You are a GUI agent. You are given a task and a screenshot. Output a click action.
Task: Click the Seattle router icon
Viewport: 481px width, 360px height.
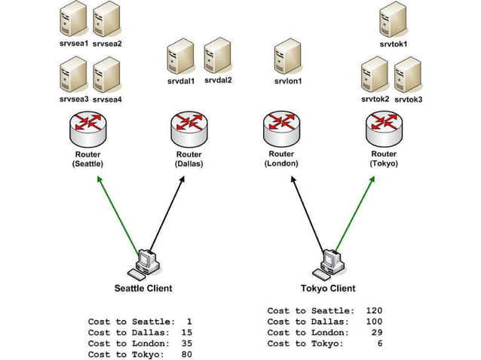89,130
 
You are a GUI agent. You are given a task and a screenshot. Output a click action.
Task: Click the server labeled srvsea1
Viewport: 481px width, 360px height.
73,20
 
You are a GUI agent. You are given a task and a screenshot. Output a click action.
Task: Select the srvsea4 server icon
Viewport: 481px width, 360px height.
106,75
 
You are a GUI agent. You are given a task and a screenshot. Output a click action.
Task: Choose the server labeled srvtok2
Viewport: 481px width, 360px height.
375,76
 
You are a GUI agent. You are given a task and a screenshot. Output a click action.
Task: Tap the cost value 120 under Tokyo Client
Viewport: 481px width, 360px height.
374,310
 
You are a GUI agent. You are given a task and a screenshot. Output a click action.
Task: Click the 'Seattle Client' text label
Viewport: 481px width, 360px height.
142,288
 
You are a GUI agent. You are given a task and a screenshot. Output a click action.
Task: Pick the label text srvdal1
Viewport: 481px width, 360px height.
181,81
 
